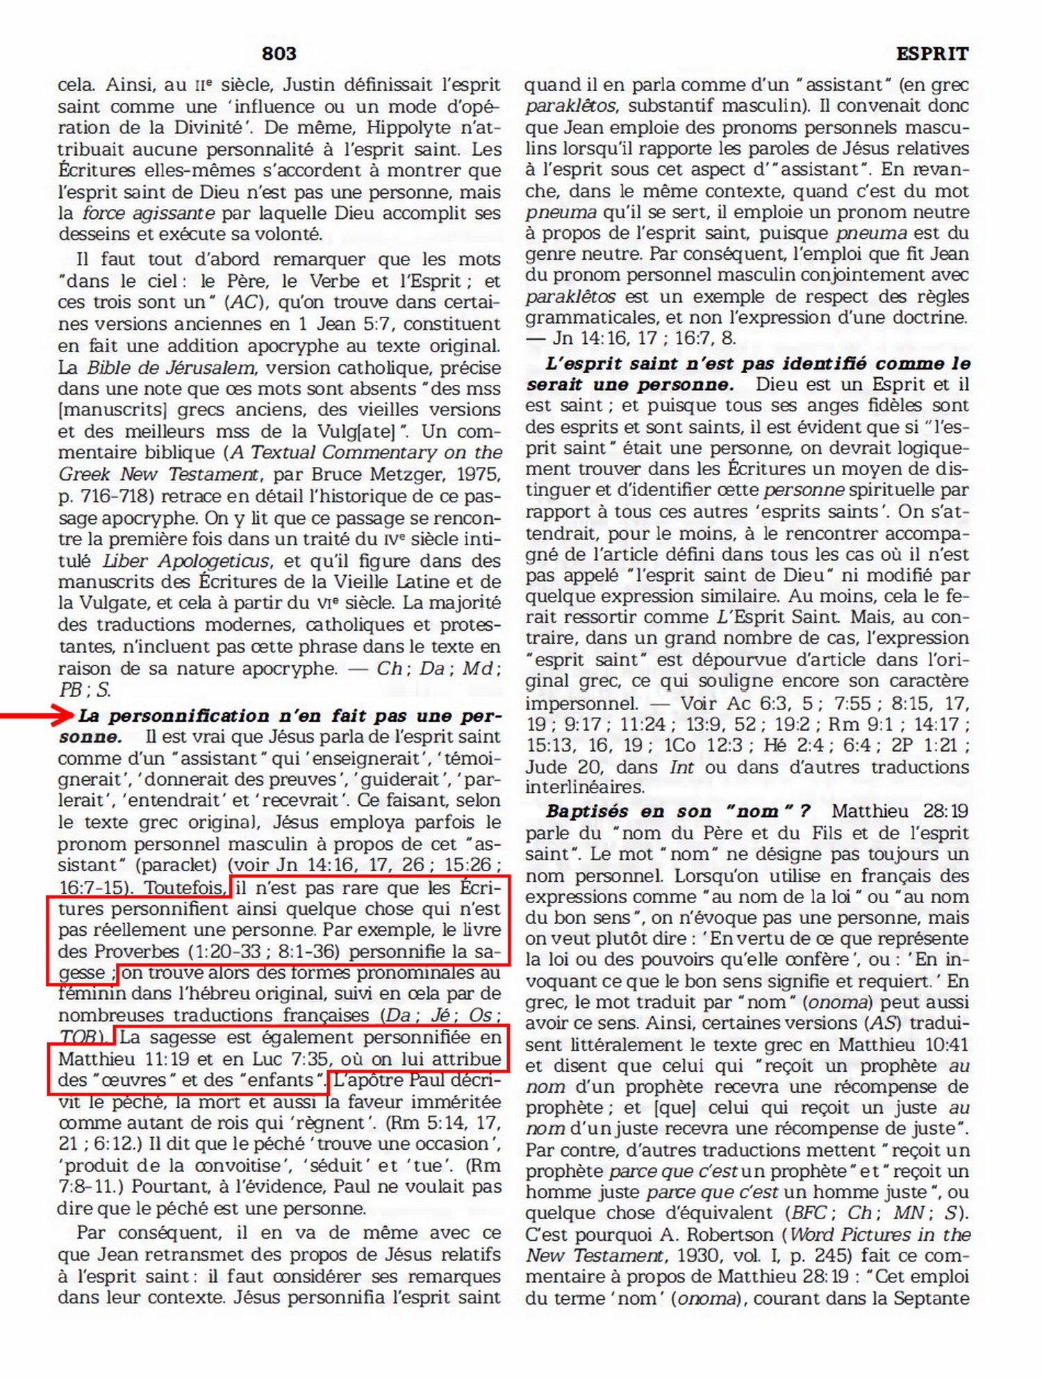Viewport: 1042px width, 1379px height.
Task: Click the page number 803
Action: point(279,53)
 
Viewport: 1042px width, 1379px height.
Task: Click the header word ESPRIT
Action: point(932,53)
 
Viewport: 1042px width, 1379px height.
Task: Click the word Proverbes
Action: point(137,951)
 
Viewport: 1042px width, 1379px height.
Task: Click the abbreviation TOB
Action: point(78,1037)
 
